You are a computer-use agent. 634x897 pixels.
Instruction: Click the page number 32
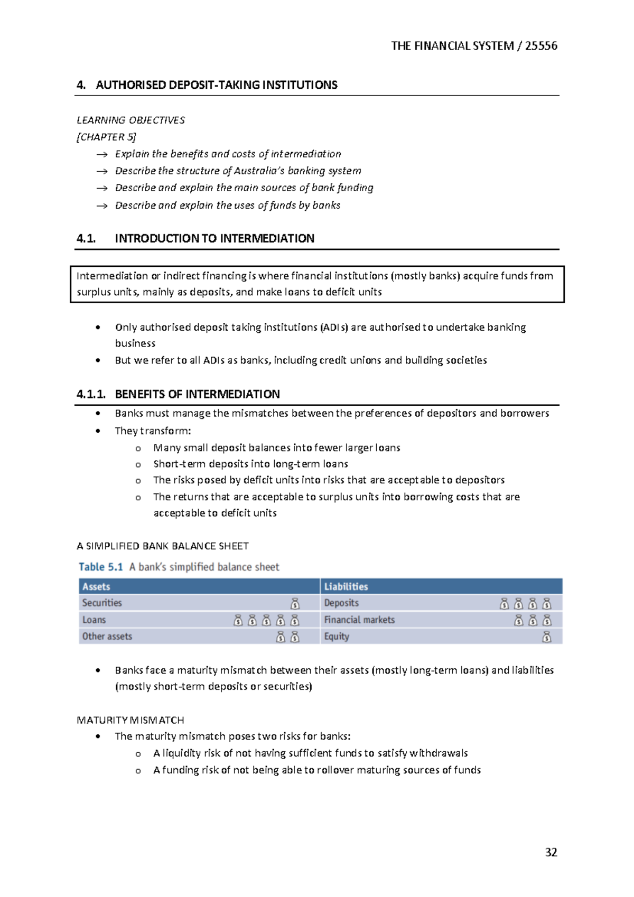(551, 852)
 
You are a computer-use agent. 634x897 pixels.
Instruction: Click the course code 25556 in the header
(541, 46)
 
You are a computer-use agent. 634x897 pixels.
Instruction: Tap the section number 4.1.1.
(91, 394)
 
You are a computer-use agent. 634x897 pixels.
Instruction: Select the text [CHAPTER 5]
(106, 137)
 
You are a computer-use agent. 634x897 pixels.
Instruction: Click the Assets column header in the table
(96, 586)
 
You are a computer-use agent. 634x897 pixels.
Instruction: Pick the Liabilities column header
(346, 586)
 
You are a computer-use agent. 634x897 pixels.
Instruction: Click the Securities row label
(102, 603)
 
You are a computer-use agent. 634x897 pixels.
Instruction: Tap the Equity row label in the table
(337, 637)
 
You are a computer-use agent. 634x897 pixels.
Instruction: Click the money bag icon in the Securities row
(295, 603)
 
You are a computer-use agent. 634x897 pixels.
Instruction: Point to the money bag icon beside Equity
(547, 637)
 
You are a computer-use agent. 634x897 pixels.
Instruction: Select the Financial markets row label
(359, 620)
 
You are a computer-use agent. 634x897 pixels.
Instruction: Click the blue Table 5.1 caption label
(101, 567)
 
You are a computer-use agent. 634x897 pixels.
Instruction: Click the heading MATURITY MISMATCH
(130, 720)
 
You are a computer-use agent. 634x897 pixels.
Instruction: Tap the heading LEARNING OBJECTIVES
(130, 120)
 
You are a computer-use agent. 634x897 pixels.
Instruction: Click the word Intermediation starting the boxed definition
(112, 276)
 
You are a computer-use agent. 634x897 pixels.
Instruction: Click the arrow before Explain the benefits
(101, 154)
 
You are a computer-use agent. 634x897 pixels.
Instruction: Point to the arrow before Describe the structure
(101, 171)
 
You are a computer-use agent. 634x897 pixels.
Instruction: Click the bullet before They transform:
(98, 431)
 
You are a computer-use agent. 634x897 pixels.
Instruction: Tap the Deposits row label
(341, 603)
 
